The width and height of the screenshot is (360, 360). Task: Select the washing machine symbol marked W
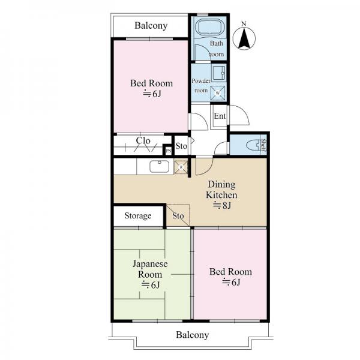pos(217,93)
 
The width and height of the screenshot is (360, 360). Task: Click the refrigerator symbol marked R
pos(181,167)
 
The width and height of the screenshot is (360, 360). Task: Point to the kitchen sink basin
pos(160,166)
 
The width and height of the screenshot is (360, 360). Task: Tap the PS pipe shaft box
pos(169,151)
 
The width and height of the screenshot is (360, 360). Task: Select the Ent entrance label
pos(220,116)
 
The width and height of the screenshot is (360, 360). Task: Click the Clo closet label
pos(143,140)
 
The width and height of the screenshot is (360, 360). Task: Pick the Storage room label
pos(138,216)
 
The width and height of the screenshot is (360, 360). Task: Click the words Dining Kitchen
pos(221,190)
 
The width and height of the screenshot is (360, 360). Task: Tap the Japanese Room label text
pos(150,269)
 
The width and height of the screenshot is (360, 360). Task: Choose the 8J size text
pos(222,205)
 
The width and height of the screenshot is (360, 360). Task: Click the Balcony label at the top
pos(151,25)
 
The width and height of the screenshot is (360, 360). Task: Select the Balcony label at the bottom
pos(193,335)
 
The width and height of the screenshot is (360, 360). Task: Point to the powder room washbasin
pos(218,73)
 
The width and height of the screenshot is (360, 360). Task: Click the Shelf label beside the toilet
pos(263,145)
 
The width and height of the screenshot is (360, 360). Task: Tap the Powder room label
pos(201,85)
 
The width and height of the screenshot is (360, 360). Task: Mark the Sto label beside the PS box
pos(181,146)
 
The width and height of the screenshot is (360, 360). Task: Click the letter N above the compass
pos(244,23)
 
